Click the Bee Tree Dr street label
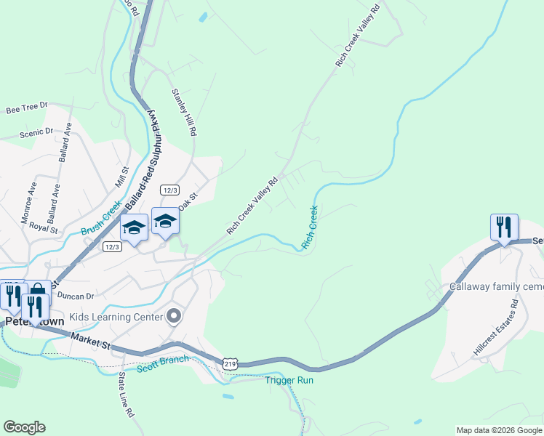(26, 108)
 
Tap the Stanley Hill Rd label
(184, 113)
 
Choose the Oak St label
(188, 202)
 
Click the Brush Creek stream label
(100, 222)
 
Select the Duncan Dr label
(76, 296)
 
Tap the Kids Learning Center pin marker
(173, 315)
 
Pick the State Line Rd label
(127, 395)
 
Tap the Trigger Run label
(289, 380)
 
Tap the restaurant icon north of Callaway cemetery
(504, 227)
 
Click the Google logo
(25, 427)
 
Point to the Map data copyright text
(499, 430)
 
